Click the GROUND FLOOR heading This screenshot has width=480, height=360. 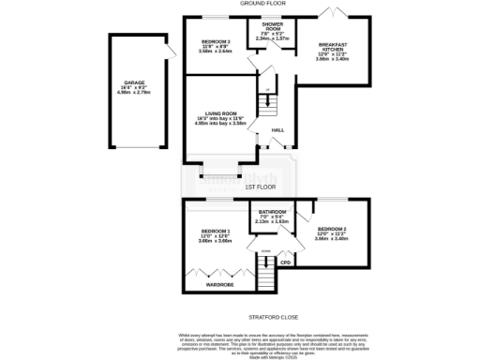point(262,4)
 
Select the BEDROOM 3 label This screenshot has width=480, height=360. point(215,43)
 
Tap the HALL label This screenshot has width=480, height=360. point(277,128)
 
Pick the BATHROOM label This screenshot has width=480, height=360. point(273,213)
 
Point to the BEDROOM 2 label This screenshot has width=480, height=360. point(332,230)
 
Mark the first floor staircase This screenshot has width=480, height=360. point(266,272)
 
